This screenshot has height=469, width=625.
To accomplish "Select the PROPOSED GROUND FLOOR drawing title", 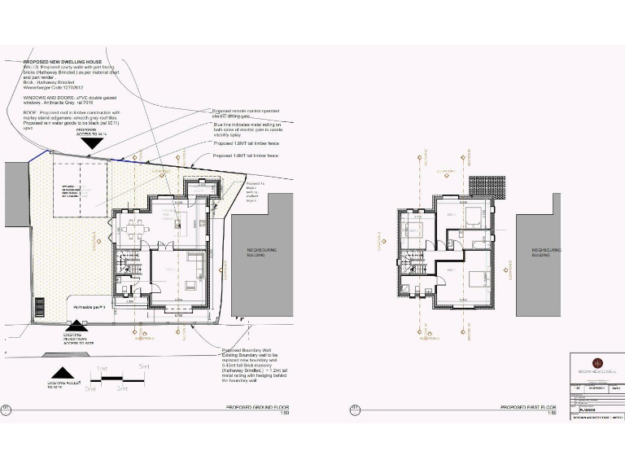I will [x=256, y=406].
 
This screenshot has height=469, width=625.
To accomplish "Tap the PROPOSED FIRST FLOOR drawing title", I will [x=528, y=406].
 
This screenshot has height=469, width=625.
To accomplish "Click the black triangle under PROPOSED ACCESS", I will [x=91, y=142].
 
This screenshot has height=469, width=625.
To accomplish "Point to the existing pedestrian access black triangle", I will [x=74, y=324].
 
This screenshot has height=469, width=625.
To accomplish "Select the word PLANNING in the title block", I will [x=588, y=410].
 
